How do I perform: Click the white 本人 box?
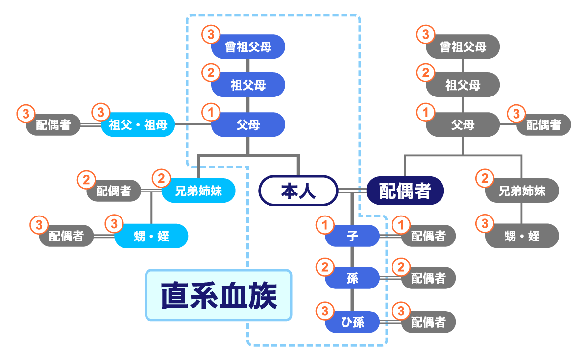298,191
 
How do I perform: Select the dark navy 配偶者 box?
405,191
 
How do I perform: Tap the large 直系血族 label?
219,295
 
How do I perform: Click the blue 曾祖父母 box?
248,47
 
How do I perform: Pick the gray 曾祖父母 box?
463,47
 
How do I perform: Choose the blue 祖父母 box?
248,85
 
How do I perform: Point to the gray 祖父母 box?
463,85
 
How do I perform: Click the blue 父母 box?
248,125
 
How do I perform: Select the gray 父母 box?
463,125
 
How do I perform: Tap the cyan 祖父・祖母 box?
138,125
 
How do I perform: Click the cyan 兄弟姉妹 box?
198,191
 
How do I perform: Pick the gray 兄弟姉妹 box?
522,191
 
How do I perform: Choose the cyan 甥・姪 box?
151,237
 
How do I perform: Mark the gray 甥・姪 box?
522,236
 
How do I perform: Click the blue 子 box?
352,236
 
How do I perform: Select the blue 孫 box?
352,279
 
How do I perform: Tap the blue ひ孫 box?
352,322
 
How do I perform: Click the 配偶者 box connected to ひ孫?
428,322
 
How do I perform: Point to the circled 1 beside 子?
324,225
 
